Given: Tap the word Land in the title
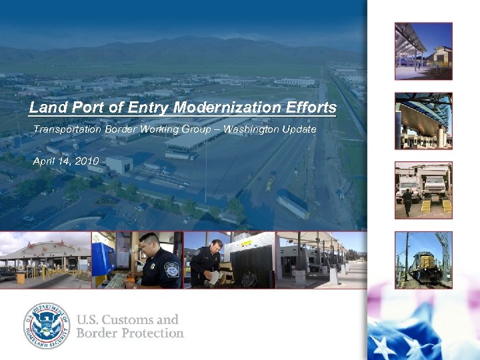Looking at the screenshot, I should [45, 107].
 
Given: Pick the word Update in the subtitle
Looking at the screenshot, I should [299, 129].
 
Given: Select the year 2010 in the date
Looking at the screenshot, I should [87, 161].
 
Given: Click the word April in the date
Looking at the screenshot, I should [44, 161].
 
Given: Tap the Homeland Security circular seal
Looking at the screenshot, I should [47, 326].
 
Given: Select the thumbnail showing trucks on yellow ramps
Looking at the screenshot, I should [423, 189].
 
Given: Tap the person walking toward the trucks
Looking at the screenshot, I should [407, 202].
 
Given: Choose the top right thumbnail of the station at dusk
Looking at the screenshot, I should [423, 51].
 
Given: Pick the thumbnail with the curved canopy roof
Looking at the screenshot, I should [423, 121].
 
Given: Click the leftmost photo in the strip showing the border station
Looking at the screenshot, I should [45, 260].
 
